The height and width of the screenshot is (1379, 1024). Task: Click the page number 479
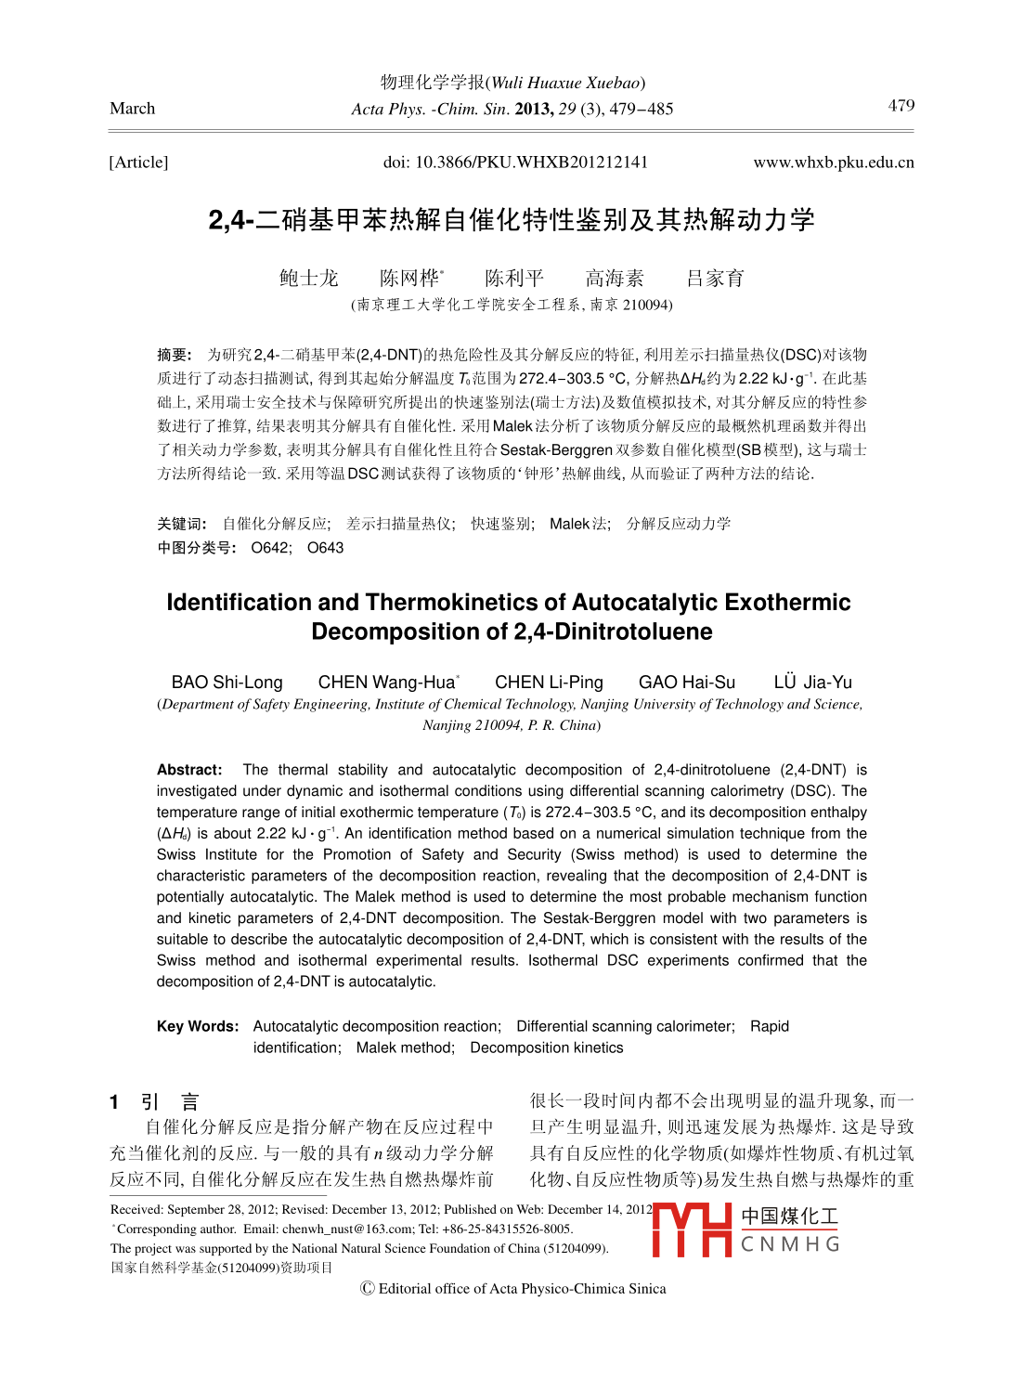click(901, 105)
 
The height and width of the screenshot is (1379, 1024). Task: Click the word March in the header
click(133, 109)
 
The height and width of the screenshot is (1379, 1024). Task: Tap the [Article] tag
click(138, 163)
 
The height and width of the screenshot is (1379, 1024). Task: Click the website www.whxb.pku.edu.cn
click(833, 163)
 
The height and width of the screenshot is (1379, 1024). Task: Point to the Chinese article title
click(512, 220)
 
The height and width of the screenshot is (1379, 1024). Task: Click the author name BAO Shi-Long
click(227, 683)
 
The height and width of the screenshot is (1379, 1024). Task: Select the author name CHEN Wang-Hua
click(387, 683)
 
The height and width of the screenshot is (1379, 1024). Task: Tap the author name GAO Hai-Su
click(686, 683)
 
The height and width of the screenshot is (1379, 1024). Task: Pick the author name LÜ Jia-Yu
click(812, 683)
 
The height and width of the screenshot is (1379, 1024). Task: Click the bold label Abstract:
click(189, 770)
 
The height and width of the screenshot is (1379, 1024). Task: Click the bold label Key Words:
click(198, 1026)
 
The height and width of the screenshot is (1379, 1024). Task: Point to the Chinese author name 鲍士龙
click(308, 279)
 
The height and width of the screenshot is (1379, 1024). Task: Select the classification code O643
click(325, 548)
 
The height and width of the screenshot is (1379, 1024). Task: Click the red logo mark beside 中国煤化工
click(692, 1230)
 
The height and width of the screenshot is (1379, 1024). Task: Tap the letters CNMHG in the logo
click(790, 1244)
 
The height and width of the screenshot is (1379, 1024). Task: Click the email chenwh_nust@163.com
click(348, 1229)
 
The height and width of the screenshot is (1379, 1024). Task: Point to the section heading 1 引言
click(154, 1102)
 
